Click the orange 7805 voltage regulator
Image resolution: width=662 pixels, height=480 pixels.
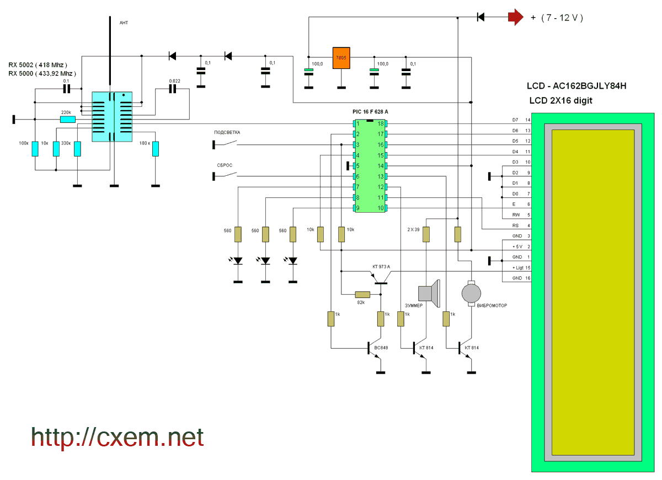point(341,58)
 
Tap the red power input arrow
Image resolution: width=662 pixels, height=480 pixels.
point(516,17)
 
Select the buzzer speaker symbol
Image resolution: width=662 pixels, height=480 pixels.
point(429,293)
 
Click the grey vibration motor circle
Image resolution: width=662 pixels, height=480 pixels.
point(471,293)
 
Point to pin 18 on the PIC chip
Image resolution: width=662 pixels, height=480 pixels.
point(381,123)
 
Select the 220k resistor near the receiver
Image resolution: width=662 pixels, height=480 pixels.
point(68,119)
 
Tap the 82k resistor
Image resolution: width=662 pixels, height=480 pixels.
point(362,294)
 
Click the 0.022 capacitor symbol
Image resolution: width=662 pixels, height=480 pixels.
point(173,89)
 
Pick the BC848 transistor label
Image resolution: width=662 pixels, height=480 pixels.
point(381,348)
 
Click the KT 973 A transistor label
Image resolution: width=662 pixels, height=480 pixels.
point(381,267)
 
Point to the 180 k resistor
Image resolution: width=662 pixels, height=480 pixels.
point(156,149)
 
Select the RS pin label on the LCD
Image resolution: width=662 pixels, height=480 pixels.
point(515,225)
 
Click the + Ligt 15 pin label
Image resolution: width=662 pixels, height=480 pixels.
point(521,268)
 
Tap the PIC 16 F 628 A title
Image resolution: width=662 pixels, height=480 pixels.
point(370,111)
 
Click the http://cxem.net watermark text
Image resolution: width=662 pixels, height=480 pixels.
point(118,438)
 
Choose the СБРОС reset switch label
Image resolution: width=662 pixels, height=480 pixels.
point(225,165)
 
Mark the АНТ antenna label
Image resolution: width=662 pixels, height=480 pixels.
point(124,23)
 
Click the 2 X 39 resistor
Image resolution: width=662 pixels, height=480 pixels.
point(426,234)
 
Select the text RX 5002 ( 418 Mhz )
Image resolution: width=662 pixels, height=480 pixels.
point(38,65)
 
